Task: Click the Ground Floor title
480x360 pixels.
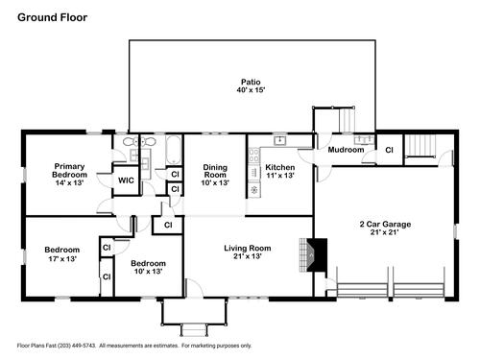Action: pyautogui.click(x=52, y=17)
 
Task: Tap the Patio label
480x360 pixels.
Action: pyautogui.click(x=251, y=82)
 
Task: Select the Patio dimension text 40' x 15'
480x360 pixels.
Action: pyautogui.click(x=252, y=90)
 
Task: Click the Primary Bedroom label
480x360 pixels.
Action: pyautogui.click(x=69, y=171)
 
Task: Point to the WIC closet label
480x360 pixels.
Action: pyautogui.click(x=126, y=180)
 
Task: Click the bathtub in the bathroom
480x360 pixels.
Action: pyautogui.click(x=174, y=150)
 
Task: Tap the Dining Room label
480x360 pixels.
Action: pyautogui.click(x=215, y=171)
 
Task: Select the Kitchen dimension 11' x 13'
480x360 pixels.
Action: pyautogui.click(x=280, y=176)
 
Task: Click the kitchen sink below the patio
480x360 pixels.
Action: pyautogui.click(x=280, y=140)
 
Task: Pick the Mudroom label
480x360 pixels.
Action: pyautogui.click(x=346, y=150)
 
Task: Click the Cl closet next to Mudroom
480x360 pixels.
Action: pyautogui.click(x=389, y=150)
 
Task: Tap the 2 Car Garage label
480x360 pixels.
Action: pyautogui.click(x=385, y=224)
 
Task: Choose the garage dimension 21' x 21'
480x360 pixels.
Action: pyautogui.click(x=385, y=232)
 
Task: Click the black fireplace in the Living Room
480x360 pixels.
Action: pyautogui.click(x=317, y=255)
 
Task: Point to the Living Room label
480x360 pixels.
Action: pyautogui.click(x=248, y=248)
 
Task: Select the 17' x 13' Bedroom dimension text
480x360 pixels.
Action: pyautogui.click(x=62, y=258)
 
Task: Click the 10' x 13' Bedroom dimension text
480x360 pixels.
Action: pyautogui.click(x=148, y=272)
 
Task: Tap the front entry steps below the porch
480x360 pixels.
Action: pyautogui.click(x=193, y=329)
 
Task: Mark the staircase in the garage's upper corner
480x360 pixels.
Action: pyautogui.click(x=420, y=146)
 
